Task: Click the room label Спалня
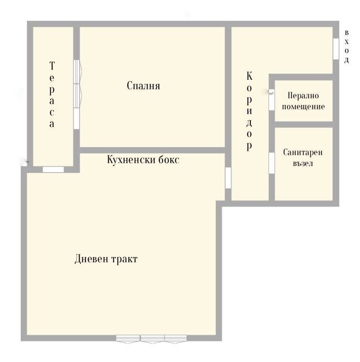[x=143, y=86]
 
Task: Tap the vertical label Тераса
[x=52, y=95]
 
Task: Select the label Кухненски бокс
[x=143, y=160]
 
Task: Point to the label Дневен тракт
[x=106, y=259]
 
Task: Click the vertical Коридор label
[x=249, y=111]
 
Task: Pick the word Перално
[x=303, y=96]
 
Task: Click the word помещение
[x=303, y=107]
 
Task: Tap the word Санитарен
[x=303, y=153]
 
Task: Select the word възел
[x=303, y=163]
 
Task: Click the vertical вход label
[x=347, y=47]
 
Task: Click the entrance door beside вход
[x=336, y=49]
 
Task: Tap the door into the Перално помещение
[x=272, y=100]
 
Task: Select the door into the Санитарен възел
[x=272, y=163]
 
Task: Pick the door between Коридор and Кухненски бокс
[x=228, y=178]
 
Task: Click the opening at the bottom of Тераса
[x=53, y=169]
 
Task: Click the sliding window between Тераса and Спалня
[x=77, y=95]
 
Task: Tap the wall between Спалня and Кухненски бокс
[x=153, y=150]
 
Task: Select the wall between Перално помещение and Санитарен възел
[x=304, y=124]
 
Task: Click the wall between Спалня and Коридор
[x=228, y=87]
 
